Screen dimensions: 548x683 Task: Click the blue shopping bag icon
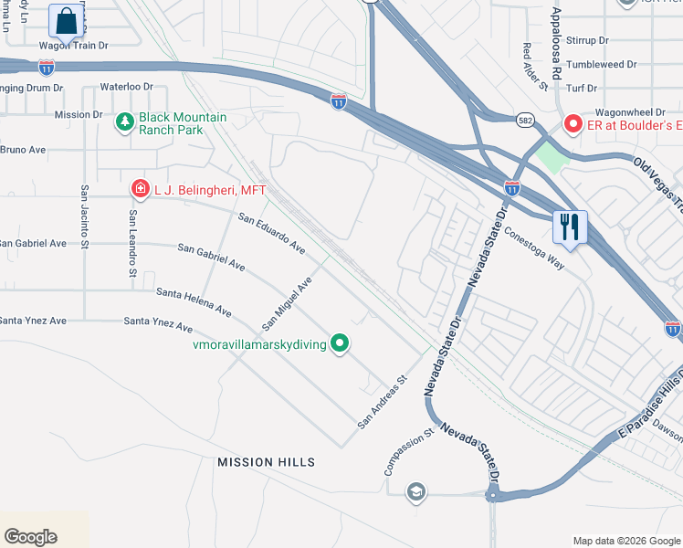click(x=66, y=20)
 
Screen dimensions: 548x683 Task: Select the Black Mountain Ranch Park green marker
click(x=125, y=121)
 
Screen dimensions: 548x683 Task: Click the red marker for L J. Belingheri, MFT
click(x=140, y=189)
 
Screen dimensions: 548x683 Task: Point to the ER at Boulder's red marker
click(x=573, y=123)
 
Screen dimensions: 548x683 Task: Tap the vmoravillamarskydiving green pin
click(x=340, y=343)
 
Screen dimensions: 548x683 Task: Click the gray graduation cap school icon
click(x=416, y=491)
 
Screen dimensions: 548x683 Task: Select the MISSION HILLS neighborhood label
click(x=266, y=462)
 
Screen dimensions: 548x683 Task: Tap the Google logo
click(x=30, y=537)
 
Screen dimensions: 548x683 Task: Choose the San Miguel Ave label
click(x=288, y=304)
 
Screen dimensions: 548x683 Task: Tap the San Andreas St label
click(x=381, y=402)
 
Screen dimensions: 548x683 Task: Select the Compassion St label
click(x=407, y=452)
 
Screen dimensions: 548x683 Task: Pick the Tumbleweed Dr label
click(x=600, y=65)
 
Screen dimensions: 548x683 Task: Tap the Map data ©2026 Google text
click(x=625, y=541)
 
